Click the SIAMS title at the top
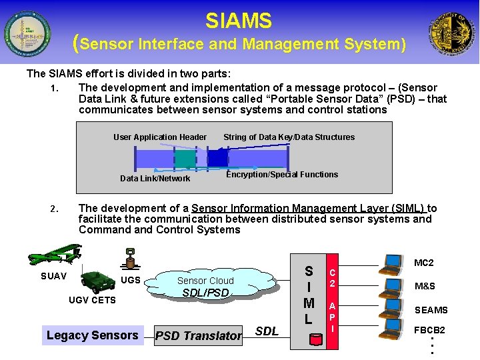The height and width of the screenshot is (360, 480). (239, 21)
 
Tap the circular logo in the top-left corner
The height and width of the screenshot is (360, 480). (27, 33)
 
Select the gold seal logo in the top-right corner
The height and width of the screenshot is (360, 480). (453, 33)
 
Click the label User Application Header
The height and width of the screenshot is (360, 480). (160, 137)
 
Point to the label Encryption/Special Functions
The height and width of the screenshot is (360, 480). (282, 175)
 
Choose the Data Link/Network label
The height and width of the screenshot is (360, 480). (155, 179)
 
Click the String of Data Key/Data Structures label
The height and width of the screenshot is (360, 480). (289, 137)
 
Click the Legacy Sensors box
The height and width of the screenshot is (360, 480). (92, 335)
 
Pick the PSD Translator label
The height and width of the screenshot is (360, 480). (198, 336)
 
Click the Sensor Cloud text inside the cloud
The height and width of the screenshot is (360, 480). (205, 281)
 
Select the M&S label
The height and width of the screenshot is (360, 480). (425, 287)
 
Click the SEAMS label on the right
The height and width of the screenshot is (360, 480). (431, 310)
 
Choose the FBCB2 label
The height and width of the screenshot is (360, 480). (429, 330)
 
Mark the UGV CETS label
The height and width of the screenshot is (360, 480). (92, 300)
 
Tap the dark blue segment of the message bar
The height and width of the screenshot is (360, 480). (217, 157)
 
